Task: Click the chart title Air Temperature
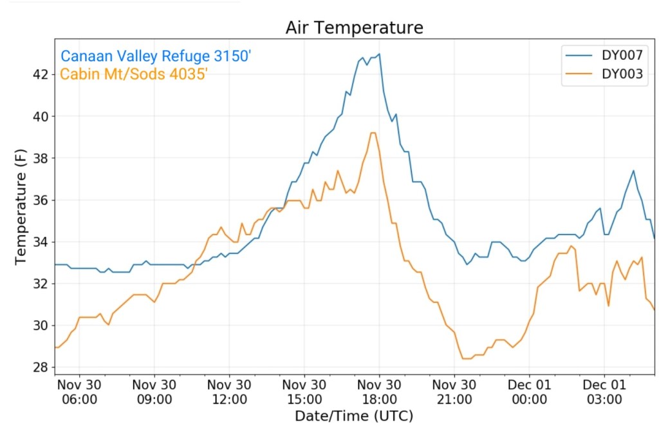(355, 28)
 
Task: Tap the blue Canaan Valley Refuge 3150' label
(155, 57)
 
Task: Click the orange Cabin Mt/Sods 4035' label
(134, 74)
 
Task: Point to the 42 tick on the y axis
(41, 74)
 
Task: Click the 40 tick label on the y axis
(41, 116)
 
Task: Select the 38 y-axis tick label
(41, 158)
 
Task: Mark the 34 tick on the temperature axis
(41, 242)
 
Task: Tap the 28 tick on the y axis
(41, 367)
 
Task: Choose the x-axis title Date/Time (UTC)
(354, 415)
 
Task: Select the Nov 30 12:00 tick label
(230, 391)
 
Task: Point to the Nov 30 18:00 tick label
(379, 391)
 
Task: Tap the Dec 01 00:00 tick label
(529, 391)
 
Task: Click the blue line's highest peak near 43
(380, 54)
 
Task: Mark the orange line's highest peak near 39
(373, 133)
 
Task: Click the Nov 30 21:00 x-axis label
(454, 391)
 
